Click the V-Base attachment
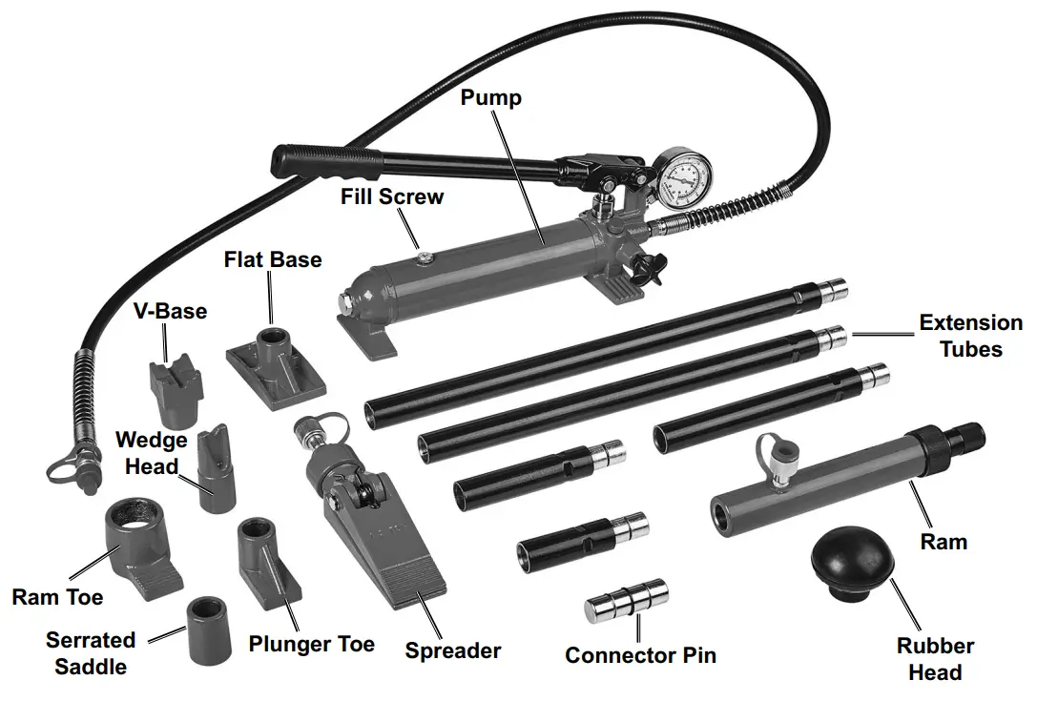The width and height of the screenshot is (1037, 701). [x=176, y=391]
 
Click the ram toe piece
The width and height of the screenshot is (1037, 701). [x=139, y=546]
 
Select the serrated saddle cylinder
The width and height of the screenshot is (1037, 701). [x=210, y=630]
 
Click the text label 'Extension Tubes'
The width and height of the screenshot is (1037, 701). [x=970, y=336]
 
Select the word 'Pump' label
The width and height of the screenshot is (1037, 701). [x=490, y=97]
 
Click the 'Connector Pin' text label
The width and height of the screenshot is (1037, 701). [x=640, y=655]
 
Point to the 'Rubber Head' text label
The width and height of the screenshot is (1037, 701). [x=935, y=659]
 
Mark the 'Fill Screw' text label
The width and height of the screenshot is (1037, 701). [x=392, y=197]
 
